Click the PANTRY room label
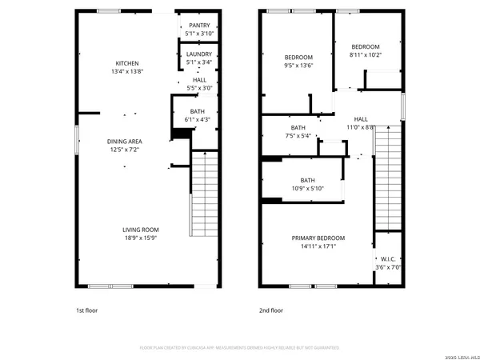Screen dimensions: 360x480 click(198, 26)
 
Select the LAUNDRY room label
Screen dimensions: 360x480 click(198, 54)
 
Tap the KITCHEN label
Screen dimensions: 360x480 click(127, 63)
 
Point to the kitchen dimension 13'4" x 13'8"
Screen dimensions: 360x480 click(127, 72)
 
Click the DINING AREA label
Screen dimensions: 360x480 click(125, 141)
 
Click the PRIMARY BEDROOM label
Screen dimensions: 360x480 click(318, 238)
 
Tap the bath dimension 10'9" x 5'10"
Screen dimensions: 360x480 click(307, 189)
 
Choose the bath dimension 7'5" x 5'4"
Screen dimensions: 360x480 click(298, 136)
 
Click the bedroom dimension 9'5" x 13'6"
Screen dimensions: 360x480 click(298, 66)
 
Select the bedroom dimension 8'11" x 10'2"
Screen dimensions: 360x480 click(365, 55)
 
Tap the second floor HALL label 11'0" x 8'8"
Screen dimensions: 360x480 click(361, 127)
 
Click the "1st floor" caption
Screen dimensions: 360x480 click(86, 310)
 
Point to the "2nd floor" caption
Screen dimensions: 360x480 click(270, 310)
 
